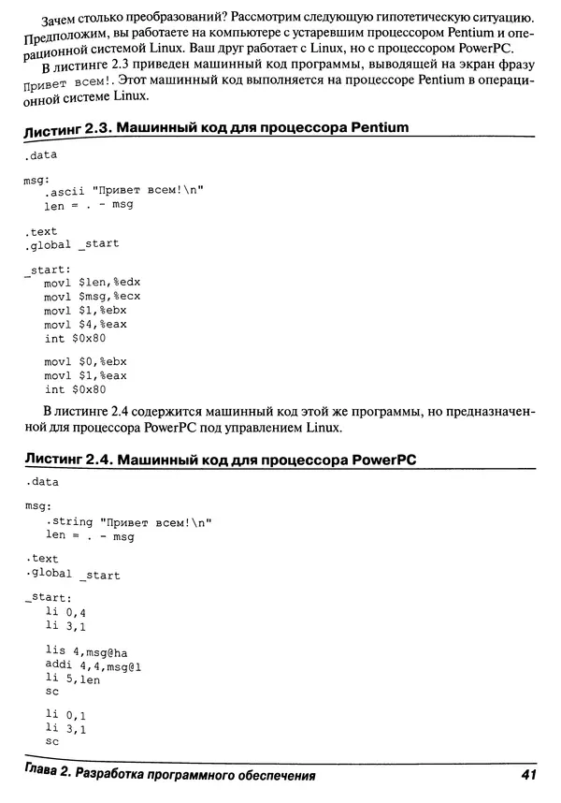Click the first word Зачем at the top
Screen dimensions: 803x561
63,19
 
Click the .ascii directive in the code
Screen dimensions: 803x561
64,190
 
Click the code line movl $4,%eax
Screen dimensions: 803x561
85,324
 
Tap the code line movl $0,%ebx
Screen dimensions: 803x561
85,361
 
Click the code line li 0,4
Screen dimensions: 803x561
65,611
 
